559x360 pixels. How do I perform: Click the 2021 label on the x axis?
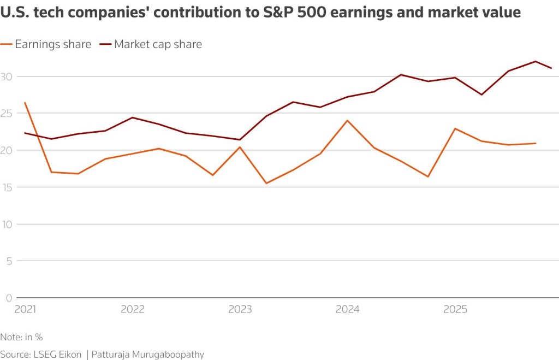(x=25, y=310)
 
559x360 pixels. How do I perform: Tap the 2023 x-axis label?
(x=240, y=310)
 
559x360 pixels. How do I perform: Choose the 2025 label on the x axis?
(x=455, y=310)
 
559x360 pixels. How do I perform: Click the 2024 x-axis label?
(x=347, y=310)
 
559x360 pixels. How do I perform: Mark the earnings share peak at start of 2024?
(x=347, y=120)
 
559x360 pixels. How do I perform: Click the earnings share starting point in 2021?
(x=25, y=103)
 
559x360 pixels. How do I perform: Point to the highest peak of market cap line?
(x=536, y=61)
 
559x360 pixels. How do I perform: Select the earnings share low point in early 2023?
(x=266, y=183)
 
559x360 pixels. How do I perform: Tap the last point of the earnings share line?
(x=536, y=143)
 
